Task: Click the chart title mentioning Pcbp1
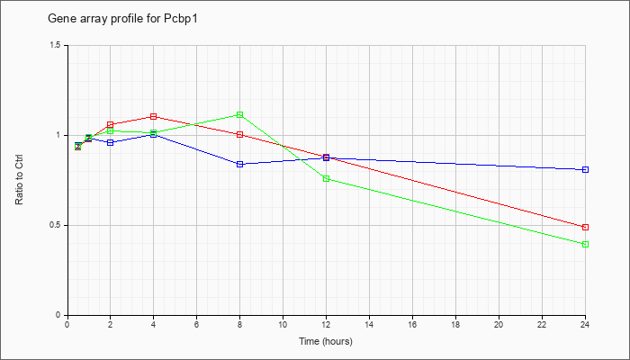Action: tap(122, 19)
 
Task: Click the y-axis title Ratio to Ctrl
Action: tap(19, 180)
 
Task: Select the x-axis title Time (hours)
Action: tap(326, 341)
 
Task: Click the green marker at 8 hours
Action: tap(240, 115)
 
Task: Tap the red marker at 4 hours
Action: tap(154, 116)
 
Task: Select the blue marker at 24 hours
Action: tap(585, 169)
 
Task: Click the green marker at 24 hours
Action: tap(585, 244)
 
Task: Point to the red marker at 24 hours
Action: tap(585, 227)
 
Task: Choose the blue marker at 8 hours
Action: tap(240, 164)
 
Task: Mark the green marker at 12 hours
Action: tap(326, 178)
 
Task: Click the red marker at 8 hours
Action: tap(240, 135)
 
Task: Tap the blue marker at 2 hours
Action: tap(111, 142)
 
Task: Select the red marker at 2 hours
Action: tap(111, 124)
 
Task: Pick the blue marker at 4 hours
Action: tap(154, 135)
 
